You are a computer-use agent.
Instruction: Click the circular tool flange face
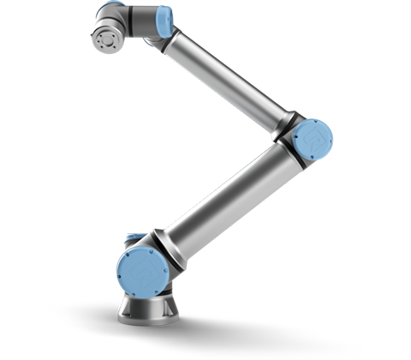click(105, 39)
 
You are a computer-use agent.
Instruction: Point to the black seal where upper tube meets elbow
click(285, 121)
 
